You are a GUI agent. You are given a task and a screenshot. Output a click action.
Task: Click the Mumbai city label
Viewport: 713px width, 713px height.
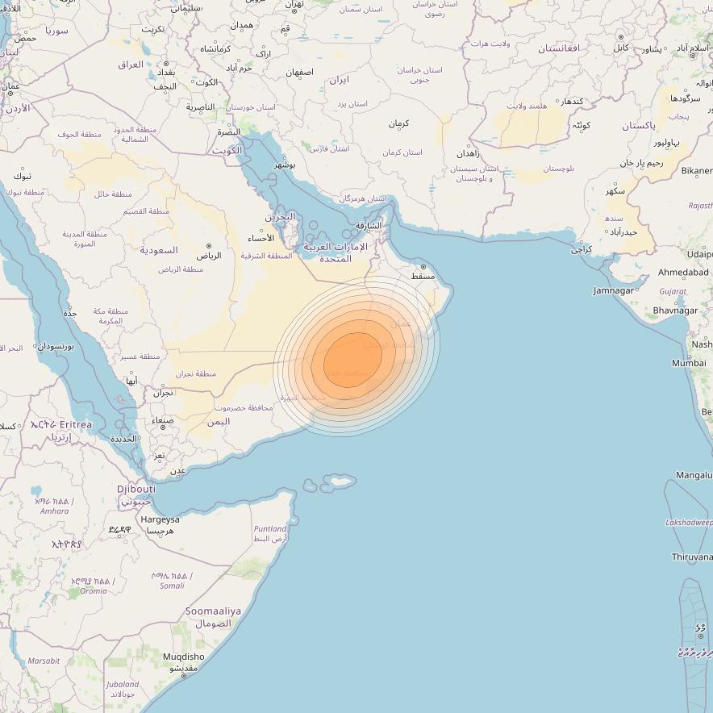point(689,363)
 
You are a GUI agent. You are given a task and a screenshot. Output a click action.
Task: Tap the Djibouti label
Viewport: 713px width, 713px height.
point(136,489)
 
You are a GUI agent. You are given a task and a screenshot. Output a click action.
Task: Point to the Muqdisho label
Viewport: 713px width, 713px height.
point(183,657)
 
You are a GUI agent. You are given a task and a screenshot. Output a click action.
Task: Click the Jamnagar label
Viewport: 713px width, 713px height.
point(614,290)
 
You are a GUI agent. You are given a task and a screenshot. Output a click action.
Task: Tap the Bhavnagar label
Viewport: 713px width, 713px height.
point(675,311)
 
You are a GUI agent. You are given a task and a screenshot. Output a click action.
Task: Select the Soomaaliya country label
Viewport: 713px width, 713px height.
point(214,611)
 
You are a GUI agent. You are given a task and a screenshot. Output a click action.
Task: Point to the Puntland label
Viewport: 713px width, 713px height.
point(270,529)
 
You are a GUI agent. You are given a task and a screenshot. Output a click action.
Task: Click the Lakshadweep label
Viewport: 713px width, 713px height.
point(689,523)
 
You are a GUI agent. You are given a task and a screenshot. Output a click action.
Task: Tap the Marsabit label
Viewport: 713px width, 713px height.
point(44,661)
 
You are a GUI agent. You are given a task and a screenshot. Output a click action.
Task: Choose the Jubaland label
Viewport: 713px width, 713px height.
point(122,685)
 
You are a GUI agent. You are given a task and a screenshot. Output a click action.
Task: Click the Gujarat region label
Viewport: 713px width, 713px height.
point(672,291)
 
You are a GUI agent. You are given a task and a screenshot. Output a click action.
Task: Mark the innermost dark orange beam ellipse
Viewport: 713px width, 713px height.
point(352,360)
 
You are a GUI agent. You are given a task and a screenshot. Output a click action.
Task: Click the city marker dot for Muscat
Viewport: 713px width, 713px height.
point(423,266)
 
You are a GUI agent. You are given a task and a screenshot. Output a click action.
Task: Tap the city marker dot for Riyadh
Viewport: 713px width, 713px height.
point(209,246)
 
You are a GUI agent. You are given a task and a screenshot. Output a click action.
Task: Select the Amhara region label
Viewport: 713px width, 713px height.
point(55,511)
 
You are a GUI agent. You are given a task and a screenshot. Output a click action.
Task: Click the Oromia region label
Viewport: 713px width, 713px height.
point(93,590)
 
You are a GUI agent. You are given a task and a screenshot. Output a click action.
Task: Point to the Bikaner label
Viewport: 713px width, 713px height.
point(696,171)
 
